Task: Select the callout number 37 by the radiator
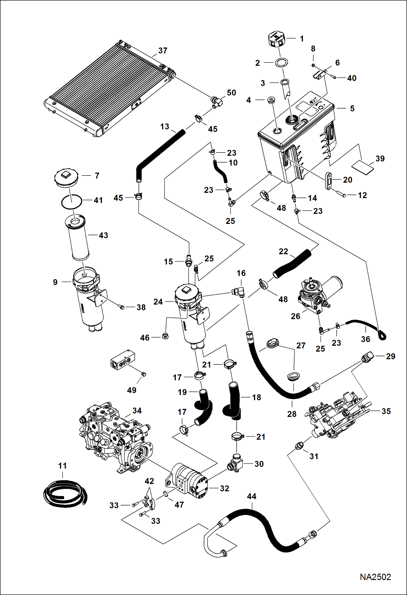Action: pos(162,51)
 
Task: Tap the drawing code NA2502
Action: pos(375,577)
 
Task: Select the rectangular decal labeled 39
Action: pos(363,167)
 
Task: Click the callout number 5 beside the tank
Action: pos(352,109)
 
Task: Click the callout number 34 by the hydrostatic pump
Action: pos(137,411)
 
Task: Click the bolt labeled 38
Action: pos(122,307)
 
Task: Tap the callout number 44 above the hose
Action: pos(251,497)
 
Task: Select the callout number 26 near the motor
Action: pos(295,316)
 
